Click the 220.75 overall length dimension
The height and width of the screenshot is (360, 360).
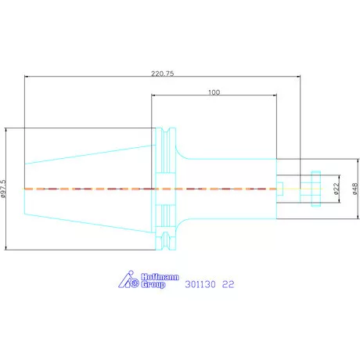(x=162, y=74)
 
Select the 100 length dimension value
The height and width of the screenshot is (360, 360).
(x=214, y=92)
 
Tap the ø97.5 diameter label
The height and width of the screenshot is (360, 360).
(x=3, y=189)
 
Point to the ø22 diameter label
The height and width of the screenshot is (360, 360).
(x=337, y=189)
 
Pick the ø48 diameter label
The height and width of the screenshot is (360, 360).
(x=355, y=189)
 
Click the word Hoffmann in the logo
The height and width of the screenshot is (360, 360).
(x=160, y=277)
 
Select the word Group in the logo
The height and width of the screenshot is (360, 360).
(x=153, y=284)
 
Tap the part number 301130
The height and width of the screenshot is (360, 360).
(x=200, y=284)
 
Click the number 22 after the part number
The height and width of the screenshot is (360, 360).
(x=228, y=284)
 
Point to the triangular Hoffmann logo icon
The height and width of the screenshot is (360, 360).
(x=128, y=279)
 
